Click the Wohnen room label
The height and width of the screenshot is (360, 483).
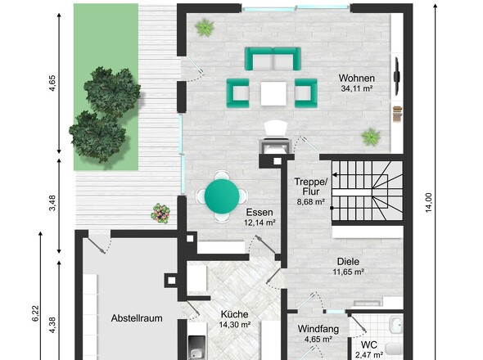357,79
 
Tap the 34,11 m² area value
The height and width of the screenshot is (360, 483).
357,88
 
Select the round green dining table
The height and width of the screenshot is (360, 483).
222,196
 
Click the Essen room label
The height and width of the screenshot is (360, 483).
260,212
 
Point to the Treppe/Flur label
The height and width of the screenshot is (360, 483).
311,187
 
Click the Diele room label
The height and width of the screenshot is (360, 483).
348,262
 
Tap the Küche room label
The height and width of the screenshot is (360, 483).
234,314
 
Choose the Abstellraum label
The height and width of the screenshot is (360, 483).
137,318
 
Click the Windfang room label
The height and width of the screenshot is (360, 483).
318,329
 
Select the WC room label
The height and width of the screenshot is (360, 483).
368,344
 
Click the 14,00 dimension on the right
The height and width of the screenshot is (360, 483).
428,203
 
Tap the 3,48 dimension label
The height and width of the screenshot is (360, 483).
52,203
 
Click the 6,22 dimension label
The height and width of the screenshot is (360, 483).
36,313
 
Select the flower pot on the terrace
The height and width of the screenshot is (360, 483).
160,213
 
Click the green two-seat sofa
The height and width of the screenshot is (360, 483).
273,59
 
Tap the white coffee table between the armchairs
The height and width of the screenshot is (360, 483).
273,93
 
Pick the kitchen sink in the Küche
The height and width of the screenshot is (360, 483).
196,348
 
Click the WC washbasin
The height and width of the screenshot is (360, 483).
395,325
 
